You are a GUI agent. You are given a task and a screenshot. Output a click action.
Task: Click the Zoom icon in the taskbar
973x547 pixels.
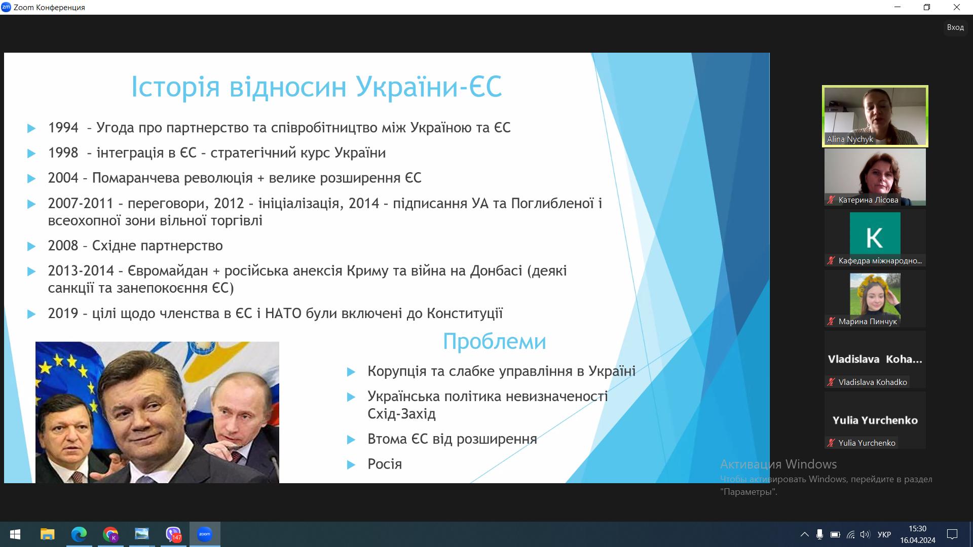point(205,534)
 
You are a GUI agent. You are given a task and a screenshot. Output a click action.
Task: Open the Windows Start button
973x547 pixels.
point(15,534)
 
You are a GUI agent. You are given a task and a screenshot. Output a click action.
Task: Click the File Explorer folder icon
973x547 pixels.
point(47,534)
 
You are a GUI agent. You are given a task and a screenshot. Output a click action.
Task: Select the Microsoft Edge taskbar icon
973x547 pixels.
point(79,534)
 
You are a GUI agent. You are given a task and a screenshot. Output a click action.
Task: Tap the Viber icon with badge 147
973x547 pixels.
point(173,534)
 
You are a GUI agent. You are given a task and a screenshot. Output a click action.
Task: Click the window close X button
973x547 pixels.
point(957,7)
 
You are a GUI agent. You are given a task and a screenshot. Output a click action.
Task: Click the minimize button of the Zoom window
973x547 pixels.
point(898,7)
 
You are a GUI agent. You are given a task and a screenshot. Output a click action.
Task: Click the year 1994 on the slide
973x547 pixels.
point(63,128)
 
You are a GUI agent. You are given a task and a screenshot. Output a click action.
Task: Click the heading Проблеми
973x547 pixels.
point(495,341)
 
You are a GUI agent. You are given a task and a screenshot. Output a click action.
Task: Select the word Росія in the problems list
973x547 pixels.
point(385,464)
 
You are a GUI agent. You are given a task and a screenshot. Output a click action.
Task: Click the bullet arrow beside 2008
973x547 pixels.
point(31,246)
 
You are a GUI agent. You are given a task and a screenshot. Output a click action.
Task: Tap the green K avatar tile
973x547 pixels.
point(875,233)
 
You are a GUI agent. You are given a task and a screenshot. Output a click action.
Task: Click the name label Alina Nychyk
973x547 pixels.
point(850,139)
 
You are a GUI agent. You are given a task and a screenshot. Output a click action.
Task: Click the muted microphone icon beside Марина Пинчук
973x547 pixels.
point(831,321)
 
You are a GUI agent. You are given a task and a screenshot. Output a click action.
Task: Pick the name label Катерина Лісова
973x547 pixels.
point(868,200)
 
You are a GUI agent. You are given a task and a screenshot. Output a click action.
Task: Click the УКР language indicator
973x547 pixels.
point(884,534)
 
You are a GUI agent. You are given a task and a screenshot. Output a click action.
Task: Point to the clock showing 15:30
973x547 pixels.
point(917,529)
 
